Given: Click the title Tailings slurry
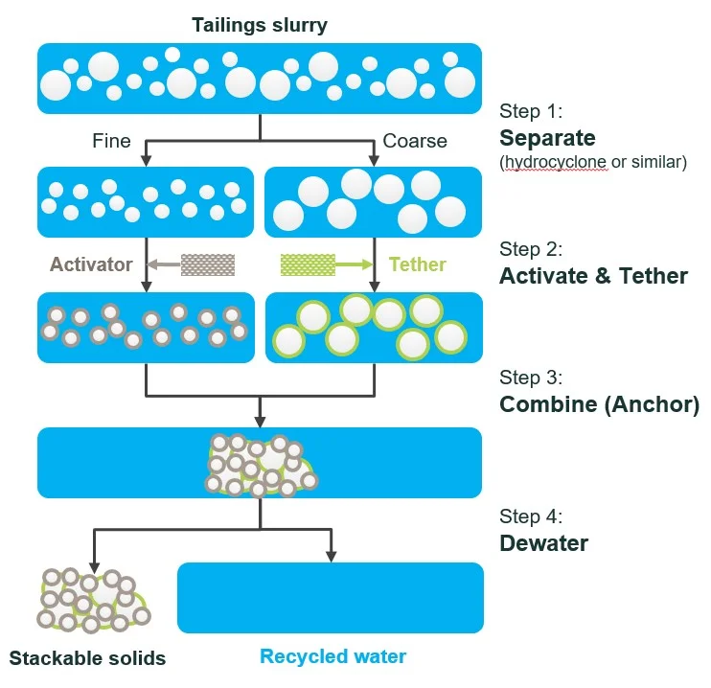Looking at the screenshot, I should click(x=259, y=24).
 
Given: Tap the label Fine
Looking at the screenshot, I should click(x=111, y=141).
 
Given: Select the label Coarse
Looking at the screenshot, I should click(x=415, y=141).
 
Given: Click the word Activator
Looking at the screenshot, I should click(x=91, y=264).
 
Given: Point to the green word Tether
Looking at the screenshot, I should click(x=418, y=264).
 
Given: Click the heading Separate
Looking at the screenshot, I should click(x=547, y=137).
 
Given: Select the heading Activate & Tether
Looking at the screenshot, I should click(x=593, y=276).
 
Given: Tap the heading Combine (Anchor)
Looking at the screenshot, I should click(x=599, y=404).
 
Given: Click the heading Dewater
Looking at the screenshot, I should click(x=543, y=543).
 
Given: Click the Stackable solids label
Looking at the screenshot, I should click(x=87, y=658).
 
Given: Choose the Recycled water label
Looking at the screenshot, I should click(x=333, y=656).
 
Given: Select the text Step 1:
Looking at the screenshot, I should click(x=532, y=112).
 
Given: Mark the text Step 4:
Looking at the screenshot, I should click(x=532, y=517).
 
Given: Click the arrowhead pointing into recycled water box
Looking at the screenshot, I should click(x=332, y=555).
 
